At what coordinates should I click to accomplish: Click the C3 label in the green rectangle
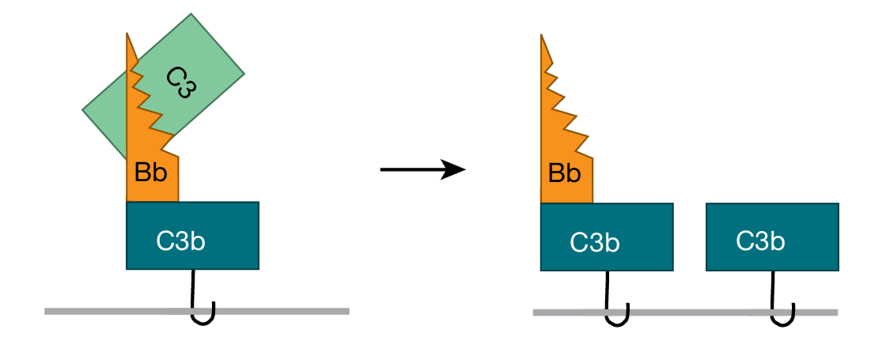(181, 82)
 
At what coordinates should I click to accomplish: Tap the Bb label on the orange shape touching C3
(151, 173)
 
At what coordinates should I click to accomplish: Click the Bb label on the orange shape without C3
(566, 173)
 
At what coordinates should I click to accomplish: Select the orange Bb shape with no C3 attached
(563, 158)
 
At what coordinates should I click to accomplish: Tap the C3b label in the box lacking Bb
(760, 241)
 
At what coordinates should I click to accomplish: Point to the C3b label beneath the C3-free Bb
(595, 243)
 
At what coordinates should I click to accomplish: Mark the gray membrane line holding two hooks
(688, 313)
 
